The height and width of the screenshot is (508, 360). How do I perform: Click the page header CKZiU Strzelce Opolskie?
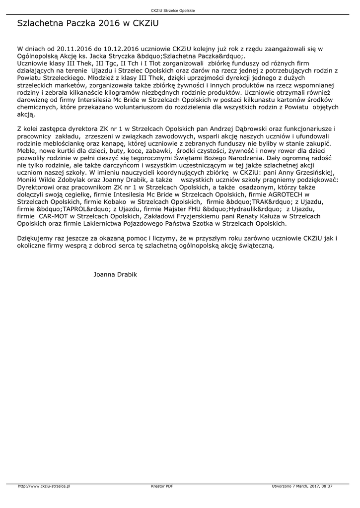(180, 11)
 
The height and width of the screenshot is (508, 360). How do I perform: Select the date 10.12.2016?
(120, 49)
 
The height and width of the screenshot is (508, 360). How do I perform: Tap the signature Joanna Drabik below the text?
(115, 274)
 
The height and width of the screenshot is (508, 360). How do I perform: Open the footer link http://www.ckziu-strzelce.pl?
(44, 486)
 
